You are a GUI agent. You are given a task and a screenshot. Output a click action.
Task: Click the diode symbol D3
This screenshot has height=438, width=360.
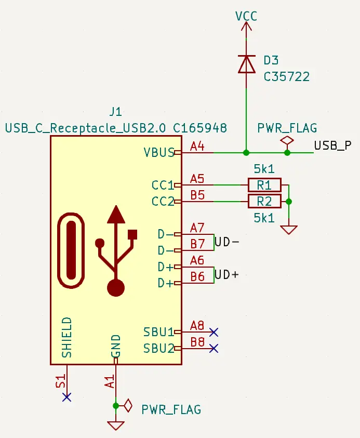(x=246, y=64)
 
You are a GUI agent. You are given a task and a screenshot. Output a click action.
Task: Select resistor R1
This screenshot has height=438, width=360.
(x=264, y=185)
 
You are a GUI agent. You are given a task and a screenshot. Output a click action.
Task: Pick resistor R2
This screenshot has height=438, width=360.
(x=264, y=202)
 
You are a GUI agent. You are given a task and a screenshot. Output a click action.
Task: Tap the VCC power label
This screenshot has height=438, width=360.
(x=246, y=16)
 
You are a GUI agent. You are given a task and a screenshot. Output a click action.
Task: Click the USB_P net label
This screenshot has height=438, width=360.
(x=332, y=145)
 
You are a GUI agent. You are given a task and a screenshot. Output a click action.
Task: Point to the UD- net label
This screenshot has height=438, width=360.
(x=227, y=242)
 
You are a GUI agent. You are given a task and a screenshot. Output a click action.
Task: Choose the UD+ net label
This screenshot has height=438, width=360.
(x=227, y=275)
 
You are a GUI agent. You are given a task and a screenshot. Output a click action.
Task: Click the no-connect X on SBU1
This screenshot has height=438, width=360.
(x=214, y=332)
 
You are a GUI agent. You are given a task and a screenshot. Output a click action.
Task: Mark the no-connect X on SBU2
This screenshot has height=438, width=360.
(x=214, y=348)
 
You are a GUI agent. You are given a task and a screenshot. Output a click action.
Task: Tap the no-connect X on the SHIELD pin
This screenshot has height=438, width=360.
(x=66, y=397)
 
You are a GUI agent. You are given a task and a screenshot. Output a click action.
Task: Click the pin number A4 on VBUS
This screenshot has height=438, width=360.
(x=197, y=147)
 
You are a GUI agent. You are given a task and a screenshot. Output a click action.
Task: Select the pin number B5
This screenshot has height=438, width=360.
(x=197, y=195)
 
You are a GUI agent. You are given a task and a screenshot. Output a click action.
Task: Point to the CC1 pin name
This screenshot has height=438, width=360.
(x=163, y=185)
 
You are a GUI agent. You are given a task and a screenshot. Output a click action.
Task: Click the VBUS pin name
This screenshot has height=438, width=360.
(x=159, y=153)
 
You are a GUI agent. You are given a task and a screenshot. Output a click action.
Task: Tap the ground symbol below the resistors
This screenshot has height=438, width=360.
(x=289, y=230)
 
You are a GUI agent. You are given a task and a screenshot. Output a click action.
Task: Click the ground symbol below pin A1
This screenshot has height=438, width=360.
(x=116, y=426)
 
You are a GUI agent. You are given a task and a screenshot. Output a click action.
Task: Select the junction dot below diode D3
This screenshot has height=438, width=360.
(x=246, y=153)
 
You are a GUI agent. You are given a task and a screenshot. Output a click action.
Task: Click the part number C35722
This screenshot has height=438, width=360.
(x=287, y=77)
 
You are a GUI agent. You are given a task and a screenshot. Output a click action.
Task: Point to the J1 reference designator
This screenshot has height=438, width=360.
(x=116, y=112)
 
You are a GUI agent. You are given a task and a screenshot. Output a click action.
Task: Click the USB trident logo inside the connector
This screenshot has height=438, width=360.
(x=116, y=250)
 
